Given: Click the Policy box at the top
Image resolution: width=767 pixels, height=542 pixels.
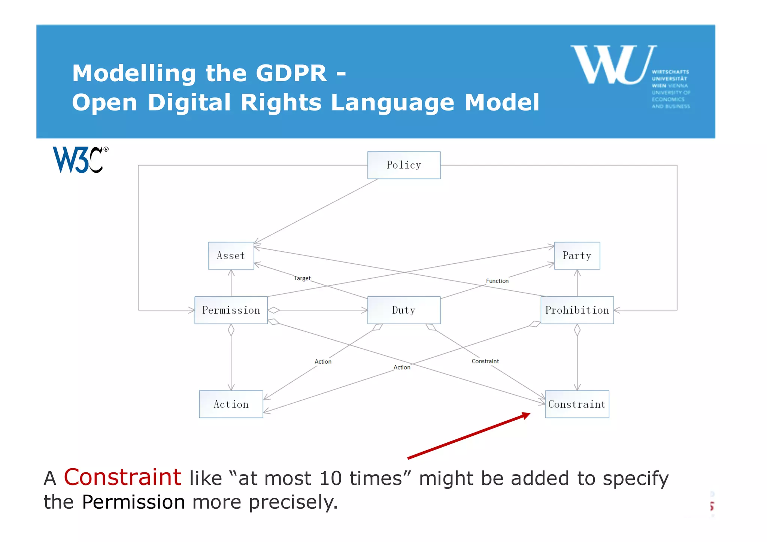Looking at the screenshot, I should (404, 165).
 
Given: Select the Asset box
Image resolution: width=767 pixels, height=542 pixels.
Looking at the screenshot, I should (231, 256).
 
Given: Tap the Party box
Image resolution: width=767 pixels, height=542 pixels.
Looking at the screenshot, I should (577, 256).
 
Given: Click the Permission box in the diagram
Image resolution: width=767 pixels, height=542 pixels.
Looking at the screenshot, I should (231, 310).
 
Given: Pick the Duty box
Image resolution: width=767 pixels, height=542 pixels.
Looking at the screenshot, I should (404, 310).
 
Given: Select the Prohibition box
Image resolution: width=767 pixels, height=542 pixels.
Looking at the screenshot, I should (577, 310).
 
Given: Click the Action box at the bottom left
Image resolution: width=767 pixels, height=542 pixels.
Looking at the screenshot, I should (231, 404).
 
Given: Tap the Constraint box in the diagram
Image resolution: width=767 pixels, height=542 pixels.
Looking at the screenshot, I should (577, 404).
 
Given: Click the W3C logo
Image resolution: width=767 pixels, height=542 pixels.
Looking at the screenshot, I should (80, 160).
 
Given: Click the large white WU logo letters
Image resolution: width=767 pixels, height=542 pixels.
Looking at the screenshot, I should (613, 64).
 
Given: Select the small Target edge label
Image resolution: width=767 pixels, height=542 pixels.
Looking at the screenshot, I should (302, 278).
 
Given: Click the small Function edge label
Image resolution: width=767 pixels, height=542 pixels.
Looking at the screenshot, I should (497, 281).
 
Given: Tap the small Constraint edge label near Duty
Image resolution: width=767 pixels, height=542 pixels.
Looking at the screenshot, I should (485, 361).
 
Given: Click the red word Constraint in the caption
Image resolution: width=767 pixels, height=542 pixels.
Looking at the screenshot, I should (122, 478).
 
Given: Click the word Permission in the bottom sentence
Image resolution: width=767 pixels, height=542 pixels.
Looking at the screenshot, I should (133, 502).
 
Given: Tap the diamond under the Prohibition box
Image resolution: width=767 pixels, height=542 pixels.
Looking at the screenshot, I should (577, 330).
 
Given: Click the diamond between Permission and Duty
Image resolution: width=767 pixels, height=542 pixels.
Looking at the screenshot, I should (274, 310).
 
